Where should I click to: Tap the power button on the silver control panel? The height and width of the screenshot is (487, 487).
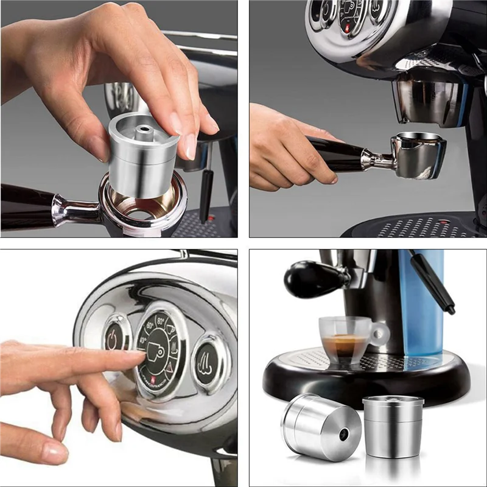tap(113, 338)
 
